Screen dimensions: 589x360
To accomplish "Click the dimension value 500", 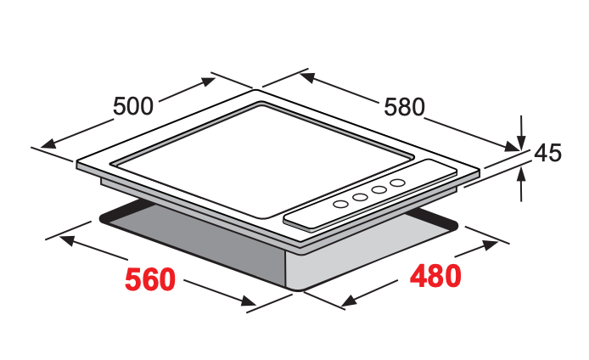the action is coord(133,106).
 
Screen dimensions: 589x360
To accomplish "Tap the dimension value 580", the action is coord(404,107).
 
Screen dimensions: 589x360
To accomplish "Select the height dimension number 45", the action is coord(548,153).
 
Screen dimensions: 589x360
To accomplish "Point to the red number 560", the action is coord(150,279).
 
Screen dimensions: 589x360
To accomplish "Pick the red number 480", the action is coord(435,275).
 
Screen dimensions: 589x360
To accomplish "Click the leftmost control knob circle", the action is coord(340,204).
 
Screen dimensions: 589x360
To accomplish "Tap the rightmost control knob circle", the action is coord(397,183).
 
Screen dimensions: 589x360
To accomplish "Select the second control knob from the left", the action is coord(360,197).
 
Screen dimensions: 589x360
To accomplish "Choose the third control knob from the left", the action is coord(379,190).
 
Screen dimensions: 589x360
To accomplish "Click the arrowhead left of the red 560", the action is coord(66,240).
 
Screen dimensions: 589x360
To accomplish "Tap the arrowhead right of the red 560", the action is coord(249,301).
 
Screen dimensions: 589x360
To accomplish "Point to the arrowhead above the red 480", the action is coord(491,245).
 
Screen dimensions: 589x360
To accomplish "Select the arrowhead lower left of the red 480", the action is coord(350,301).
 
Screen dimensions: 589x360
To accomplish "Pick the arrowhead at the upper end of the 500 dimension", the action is coord(208,82).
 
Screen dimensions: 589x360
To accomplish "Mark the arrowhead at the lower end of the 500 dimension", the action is coord(48,143).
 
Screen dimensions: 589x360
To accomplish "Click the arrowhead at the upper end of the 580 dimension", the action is coord(307,78).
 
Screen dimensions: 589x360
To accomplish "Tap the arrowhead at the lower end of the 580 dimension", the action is coord(512,146).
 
